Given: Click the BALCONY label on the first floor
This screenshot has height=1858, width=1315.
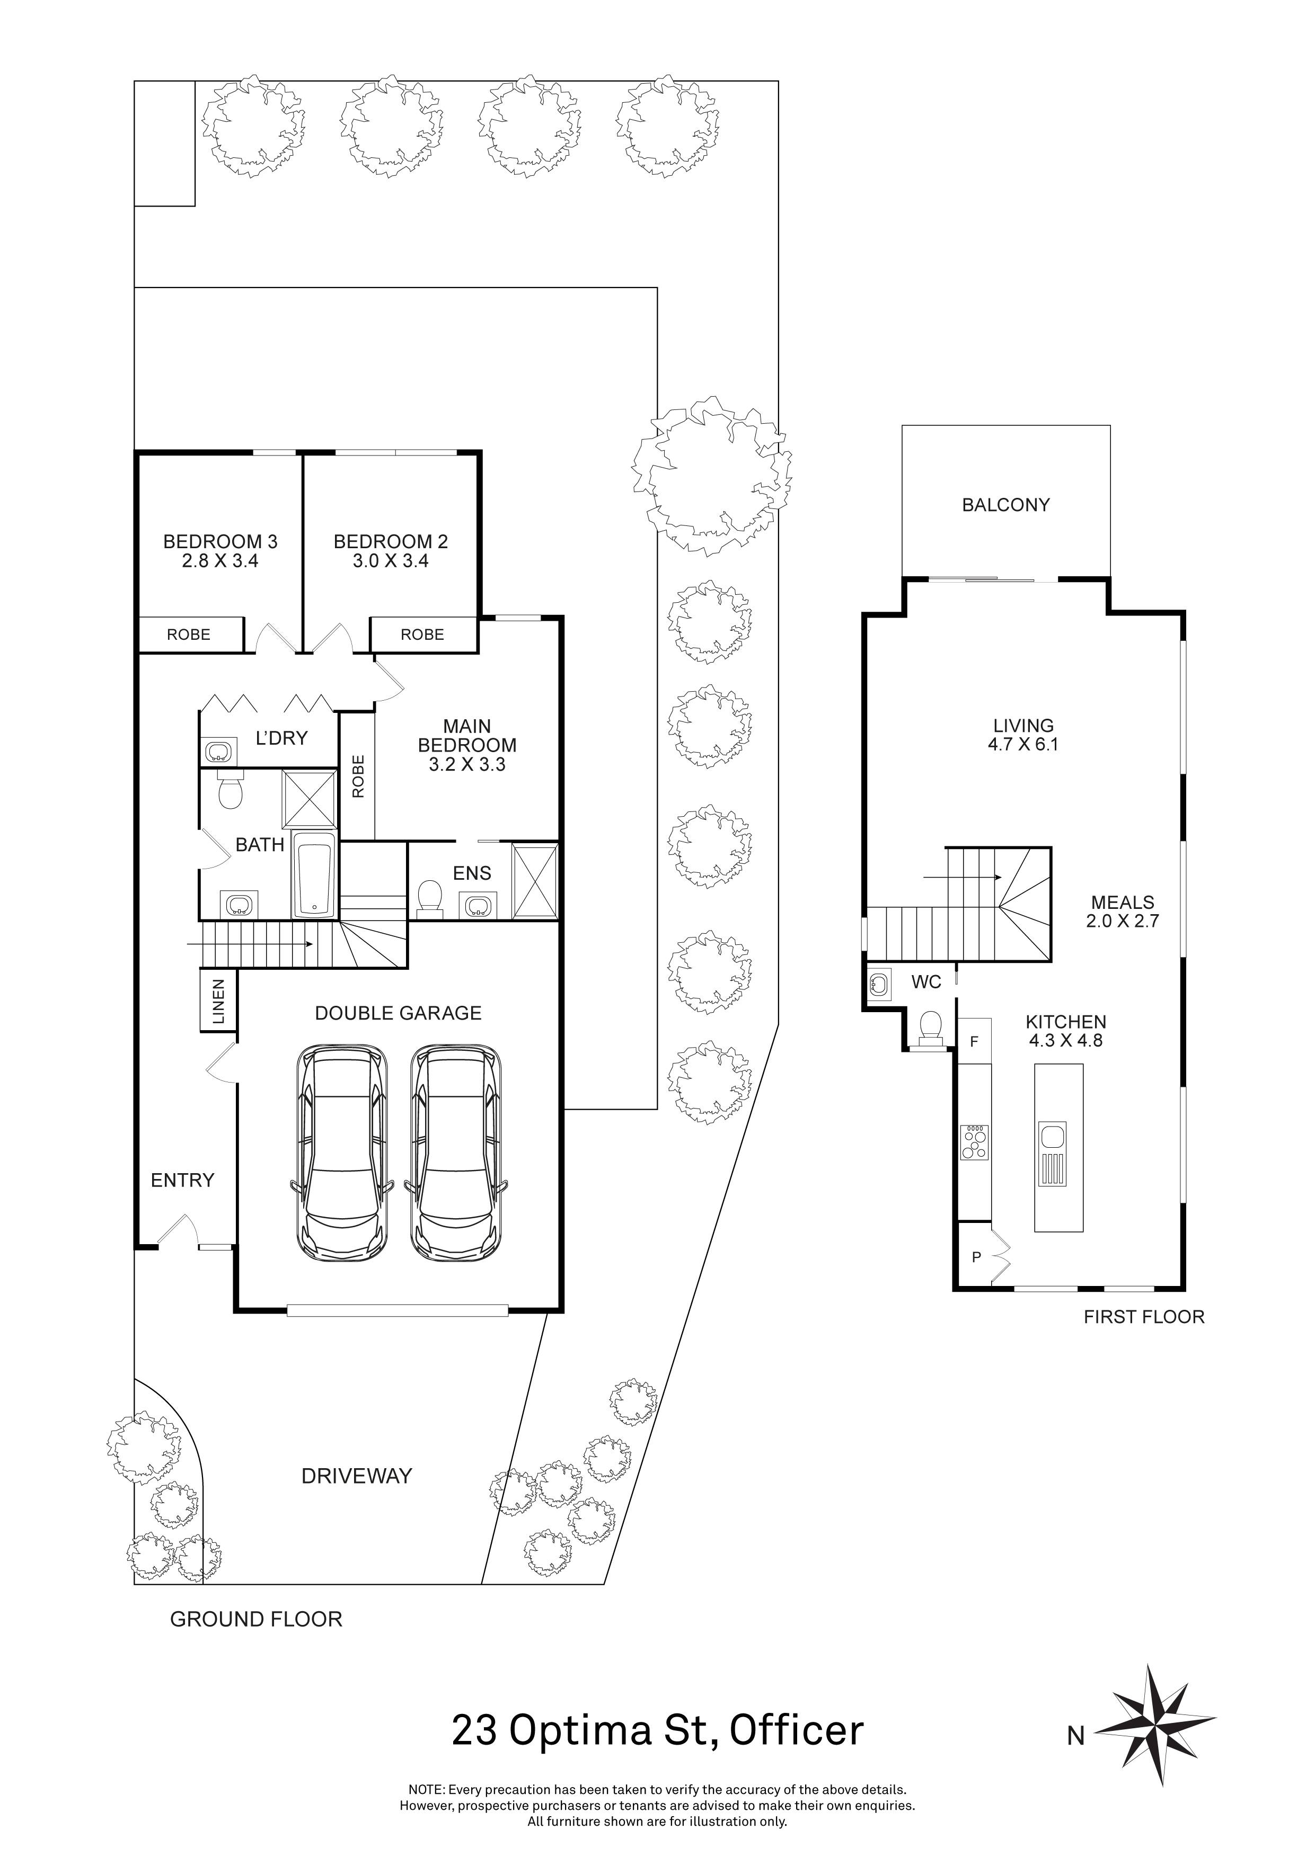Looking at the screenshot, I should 1005,505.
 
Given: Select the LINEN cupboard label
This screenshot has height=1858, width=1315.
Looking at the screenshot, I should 218,1002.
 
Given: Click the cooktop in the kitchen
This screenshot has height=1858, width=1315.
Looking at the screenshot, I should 975,1142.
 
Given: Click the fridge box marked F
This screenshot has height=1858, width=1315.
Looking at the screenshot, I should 975,1041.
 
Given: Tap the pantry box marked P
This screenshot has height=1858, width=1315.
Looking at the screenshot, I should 976,1257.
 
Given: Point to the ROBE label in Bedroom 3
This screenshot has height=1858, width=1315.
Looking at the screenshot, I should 189,635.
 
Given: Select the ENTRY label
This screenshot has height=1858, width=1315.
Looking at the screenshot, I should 182,1181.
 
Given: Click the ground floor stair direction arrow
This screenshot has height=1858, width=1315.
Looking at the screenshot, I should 251,944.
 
